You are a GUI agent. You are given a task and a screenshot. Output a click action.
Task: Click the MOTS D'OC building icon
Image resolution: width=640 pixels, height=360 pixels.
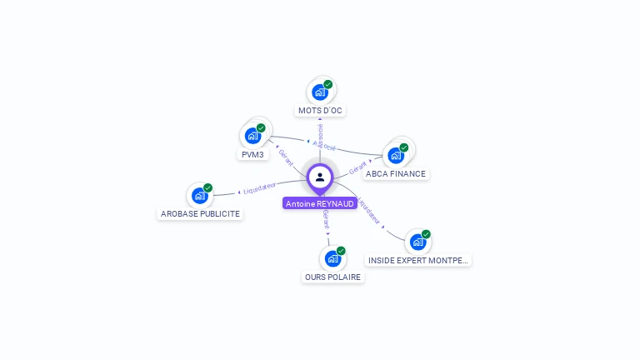click(319, 92)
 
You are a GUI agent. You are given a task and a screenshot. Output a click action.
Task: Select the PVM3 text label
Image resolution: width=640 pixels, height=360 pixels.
click(252, 155)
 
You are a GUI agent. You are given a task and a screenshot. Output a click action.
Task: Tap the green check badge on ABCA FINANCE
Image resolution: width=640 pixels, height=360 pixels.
click(404, 147)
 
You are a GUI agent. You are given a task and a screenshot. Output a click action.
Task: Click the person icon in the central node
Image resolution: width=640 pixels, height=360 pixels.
click(320, 177)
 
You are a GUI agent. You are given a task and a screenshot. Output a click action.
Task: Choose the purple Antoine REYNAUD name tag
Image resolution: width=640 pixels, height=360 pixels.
click(320, 203)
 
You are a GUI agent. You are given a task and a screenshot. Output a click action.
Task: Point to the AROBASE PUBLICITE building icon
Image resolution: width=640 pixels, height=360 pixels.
click(199, 196)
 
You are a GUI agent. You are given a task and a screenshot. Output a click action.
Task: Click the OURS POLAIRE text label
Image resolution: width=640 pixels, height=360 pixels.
click(333, 277)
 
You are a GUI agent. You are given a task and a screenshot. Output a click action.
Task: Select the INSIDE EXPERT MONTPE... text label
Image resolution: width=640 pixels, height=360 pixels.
click(418, 260)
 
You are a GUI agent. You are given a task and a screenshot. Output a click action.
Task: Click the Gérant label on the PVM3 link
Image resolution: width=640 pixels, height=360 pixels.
click(285, 156)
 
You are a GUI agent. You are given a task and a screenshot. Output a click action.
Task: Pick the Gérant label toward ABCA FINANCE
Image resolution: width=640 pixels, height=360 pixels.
click(358, 166)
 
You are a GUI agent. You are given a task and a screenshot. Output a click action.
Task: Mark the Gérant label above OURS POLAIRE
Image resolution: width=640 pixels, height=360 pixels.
click(326, 220)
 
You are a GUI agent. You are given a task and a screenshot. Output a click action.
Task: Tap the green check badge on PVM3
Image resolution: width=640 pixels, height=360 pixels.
click(261, 128)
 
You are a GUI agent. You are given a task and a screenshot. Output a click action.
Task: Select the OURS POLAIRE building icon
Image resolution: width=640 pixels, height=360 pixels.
click(332, 258)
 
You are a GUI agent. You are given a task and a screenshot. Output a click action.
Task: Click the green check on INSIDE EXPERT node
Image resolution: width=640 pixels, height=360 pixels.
click(426, 234)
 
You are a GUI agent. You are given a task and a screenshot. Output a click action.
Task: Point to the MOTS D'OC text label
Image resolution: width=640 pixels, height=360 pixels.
click(320, 110)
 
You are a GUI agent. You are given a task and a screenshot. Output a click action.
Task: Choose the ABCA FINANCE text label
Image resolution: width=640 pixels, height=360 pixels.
click(396, 174)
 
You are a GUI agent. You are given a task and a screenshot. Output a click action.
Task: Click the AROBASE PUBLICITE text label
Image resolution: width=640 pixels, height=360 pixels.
click(200, 213)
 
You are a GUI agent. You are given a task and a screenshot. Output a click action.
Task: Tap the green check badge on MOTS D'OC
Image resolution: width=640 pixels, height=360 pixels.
click(328, 84)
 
